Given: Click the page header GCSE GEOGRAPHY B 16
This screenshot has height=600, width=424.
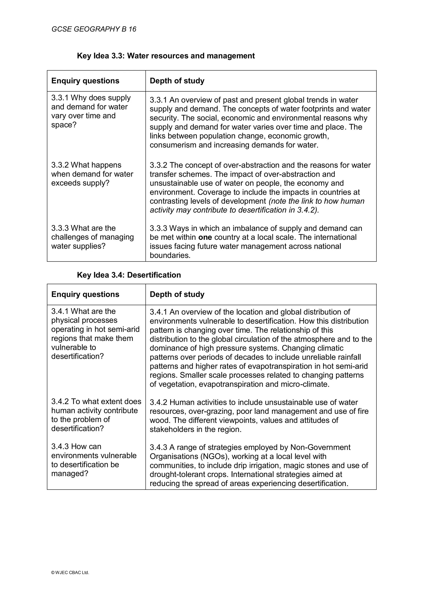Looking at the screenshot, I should coord(94,29).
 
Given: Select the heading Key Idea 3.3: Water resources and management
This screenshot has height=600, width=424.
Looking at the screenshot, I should coord(166,56).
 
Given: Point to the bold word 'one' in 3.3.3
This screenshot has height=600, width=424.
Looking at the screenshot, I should coord(205,237).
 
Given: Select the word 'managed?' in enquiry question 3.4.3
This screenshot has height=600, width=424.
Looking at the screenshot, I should coord(70,474).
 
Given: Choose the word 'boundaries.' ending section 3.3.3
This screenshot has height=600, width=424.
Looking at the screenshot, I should coord(170,255).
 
